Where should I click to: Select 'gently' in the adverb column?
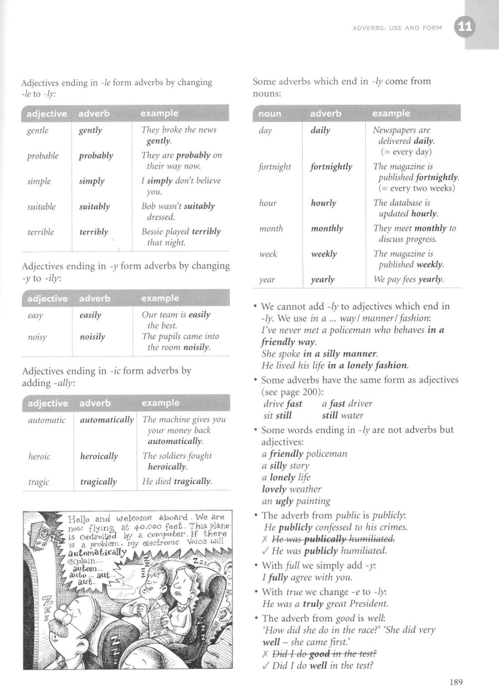90,130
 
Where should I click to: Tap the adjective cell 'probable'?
42,156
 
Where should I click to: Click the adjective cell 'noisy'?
37,337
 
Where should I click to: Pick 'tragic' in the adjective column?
38,482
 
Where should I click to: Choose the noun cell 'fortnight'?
274,167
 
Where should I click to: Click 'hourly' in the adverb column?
323,203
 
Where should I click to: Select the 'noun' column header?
270,114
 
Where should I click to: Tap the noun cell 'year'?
267,280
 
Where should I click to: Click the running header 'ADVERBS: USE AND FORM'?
397,28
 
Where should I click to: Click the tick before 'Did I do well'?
265,666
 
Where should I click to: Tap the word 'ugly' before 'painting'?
285,501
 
